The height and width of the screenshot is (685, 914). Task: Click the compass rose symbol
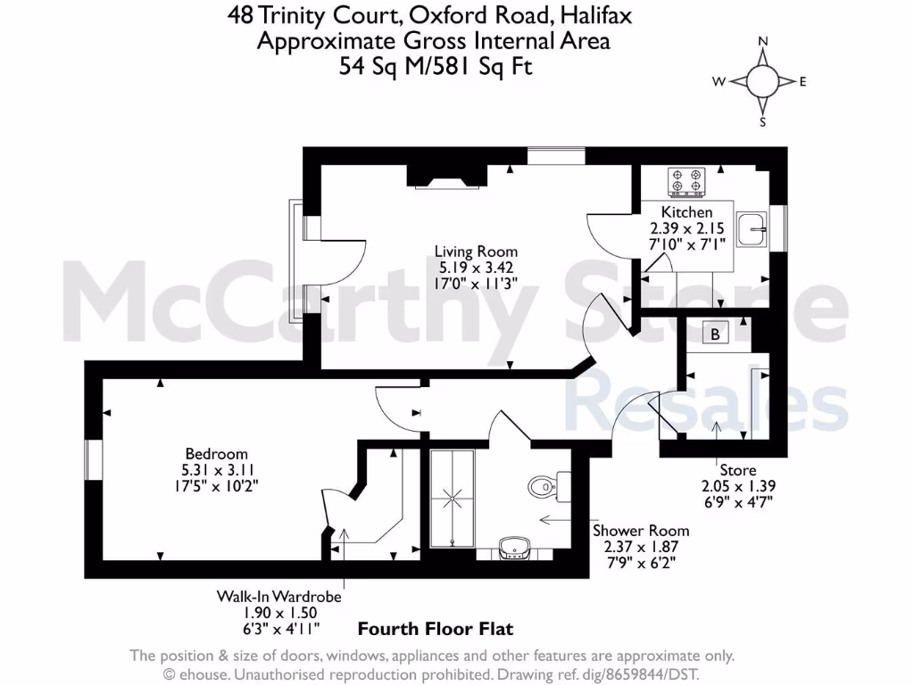762,81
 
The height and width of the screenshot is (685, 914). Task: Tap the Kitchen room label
686,212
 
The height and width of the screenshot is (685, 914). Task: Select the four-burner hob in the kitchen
686,181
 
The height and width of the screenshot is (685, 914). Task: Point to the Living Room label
476,252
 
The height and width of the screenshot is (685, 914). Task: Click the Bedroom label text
216,454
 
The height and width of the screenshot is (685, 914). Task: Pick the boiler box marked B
715,334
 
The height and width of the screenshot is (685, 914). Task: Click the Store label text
737,470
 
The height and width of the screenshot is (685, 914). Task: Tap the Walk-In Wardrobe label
278,596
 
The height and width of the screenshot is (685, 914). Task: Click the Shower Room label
641,530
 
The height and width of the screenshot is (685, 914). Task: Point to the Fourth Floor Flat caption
436,630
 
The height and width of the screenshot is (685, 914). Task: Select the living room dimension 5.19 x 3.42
476,267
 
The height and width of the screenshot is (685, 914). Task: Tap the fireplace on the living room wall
446,176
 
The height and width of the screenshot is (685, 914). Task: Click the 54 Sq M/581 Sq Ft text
435,65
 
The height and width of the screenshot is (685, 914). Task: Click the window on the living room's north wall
555,156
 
